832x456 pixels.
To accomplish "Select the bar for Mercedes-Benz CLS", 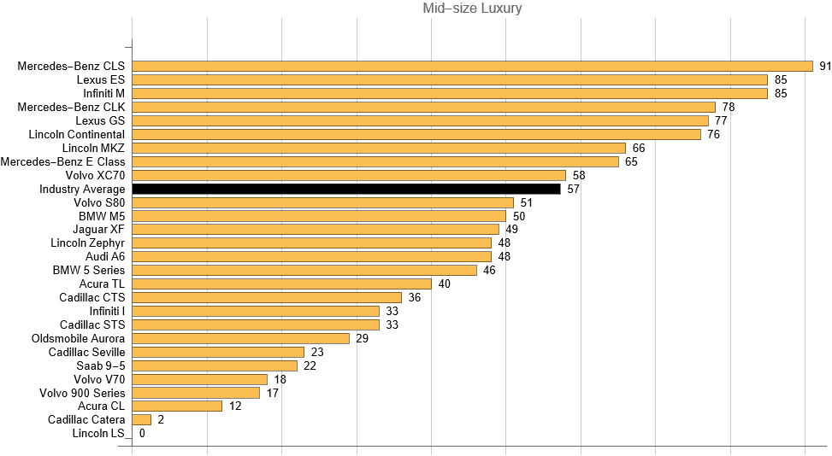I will (472, 66).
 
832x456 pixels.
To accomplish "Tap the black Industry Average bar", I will (346, 189).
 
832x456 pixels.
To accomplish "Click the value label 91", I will (825, 66).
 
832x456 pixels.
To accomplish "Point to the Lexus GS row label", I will (100, 120).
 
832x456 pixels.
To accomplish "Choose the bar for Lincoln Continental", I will (416, 134).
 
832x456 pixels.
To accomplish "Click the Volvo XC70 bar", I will (349, 175).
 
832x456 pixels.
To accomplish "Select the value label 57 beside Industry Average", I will (574, 189).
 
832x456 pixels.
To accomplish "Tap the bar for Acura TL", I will (282, 284).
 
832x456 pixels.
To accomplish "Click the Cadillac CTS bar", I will (267, 297).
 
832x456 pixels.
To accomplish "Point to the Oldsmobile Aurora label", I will (78, 338).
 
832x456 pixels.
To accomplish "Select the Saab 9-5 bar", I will (215, 365).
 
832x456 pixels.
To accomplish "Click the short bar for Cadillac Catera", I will (142, 419).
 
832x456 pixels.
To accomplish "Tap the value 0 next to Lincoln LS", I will (142, 433).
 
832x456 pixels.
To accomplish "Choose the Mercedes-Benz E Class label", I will (63, 161).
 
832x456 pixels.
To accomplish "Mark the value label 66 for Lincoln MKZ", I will (638, 148).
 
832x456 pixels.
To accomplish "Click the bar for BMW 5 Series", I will (304, 270).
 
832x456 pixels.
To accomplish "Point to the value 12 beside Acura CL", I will (235, 406).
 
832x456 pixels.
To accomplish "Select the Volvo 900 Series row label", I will (82, 393).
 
